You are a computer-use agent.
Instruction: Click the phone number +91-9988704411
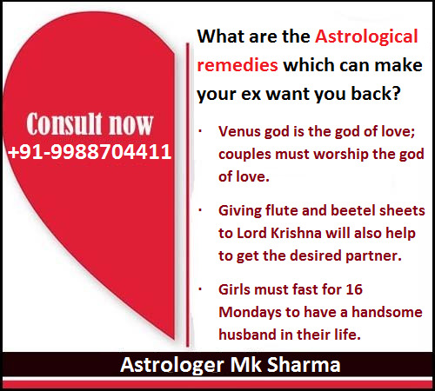(90, 152)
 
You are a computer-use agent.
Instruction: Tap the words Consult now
(90, 124)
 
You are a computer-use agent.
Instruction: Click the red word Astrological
(366, 36)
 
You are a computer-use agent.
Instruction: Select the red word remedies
(238, 65)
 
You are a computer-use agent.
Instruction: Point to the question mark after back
(396, 93)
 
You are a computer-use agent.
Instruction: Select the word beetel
(352, 210)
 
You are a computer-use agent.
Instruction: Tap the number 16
(354, 289)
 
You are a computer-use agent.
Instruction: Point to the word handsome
(387, 312)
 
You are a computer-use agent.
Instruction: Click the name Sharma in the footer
(304, 365)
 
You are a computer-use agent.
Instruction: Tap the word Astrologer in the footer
(172, 366)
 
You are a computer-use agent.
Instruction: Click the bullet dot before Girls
(200, 289)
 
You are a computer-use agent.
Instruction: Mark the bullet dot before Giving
(200, 210)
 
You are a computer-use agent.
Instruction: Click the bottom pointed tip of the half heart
(173, 338)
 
